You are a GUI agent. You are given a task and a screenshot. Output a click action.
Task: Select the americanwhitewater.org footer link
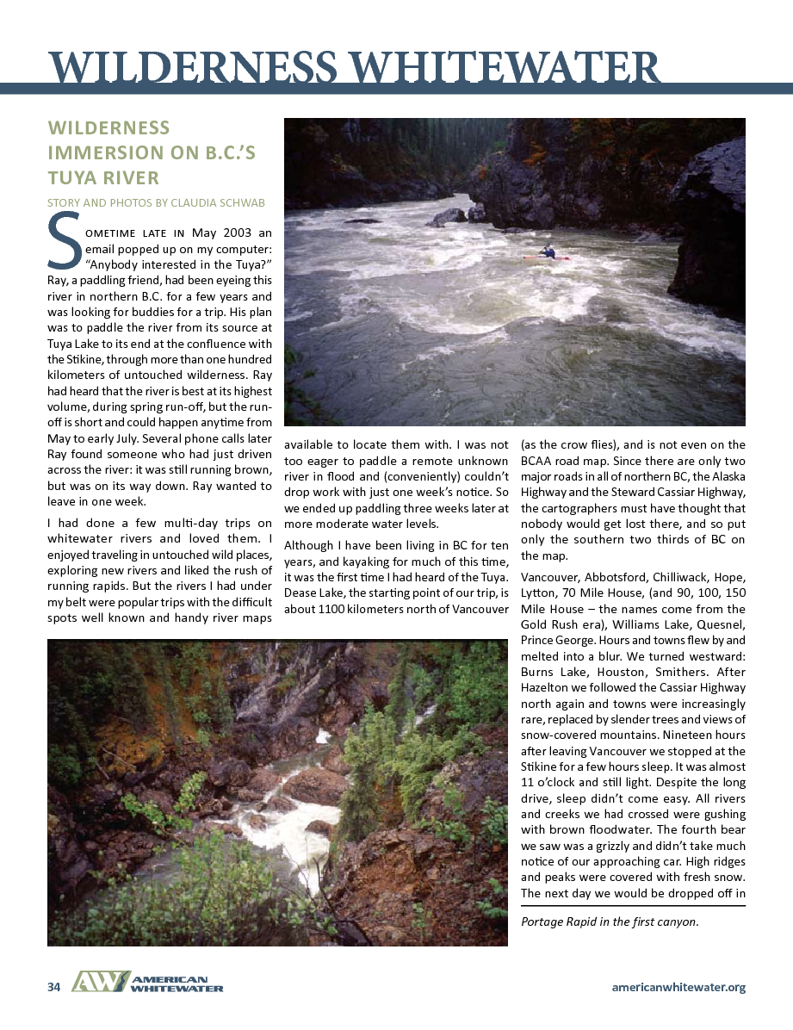678,987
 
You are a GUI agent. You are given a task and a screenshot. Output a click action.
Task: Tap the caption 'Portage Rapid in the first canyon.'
610,921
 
